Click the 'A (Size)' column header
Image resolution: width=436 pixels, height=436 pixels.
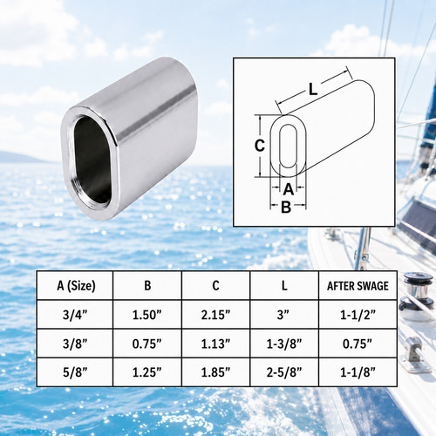75,286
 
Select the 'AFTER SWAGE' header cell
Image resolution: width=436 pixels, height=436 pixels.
358,286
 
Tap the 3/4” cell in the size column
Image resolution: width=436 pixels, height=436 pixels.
75,315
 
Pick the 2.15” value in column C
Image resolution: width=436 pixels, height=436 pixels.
215,315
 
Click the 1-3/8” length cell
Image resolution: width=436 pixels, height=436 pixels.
284,344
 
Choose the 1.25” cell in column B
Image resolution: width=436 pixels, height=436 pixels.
147,372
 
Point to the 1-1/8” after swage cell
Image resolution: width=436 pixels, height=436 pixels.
358,372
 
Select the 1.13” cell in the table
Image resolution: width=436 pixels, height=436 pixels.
215,344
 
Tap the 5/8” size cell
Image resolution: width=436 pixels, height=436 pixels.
75,372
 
